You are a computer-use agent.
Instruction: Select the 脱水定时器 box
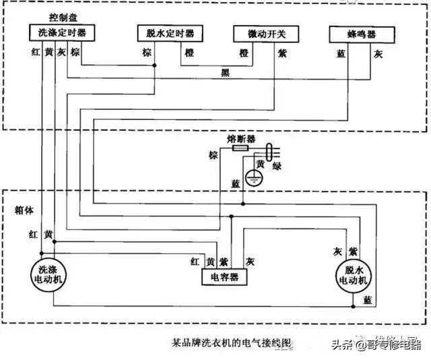click(x=166, y=33)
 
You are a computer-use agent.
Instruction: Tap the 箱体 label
click(x=24, y=209)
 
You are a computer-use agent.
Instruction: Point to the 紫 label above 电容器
click(x=224, y=261)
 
